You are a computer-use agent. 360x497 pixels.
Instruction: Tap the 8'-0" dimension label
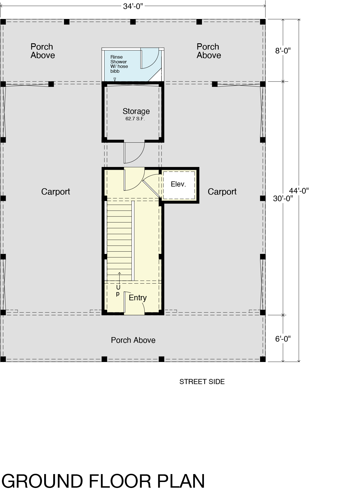pyautogui.click(x=283, y=51)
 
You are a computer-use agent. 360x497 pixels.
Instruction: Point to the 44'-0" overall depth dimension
pyautogui.click(x=299, y=191)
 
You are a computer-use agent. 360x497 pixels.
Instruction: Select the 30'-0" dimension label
pyautogui.click(x=283, y=199)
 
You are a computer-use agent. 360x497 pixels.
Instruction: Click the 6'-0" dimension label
pyautogui.click(x=283, y=339)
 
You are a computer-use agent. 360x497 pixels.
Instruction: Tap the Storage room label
pyautogui.click(x=136, y=111)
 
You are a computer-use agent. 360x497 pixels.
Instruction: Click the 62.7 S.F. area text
pyautogui.click(x=135, y=119)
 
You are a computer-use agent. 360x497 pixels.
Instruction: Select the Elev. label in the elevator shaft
pyautogui.click(x=178, y=184)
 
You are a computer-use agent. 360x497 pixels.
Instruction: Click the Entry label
pyautogui.click(x=138, y=298)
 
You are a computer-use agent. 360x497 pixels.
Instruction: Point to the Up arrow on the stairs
pyautogui.click(x=120, y=278)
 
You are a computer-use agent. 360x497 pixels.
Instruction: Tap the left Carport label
pyautogui.click(x=56, y=192)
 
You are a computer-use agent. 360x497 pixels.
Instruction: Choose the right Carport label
pyautogui.click(x=222, y=192)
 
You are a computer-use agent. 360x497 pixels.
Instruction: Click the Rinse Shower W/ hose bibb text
pyautogui.click(x=119, y=64)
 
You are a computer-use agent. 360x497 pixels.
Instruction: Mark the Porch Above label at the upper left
pyautogui.click(x=42, y=51)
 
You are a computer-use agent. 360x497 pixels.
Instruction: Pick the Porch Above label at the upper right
pyautogui.click(x=209, y=51)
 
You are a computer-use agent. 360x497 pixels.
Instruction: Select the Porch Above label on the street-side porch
pyautogui.click(x=133, y=340)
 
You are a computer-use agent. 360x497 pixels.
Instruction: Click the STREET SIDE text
pyautogui.click(x=202, y=382)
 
